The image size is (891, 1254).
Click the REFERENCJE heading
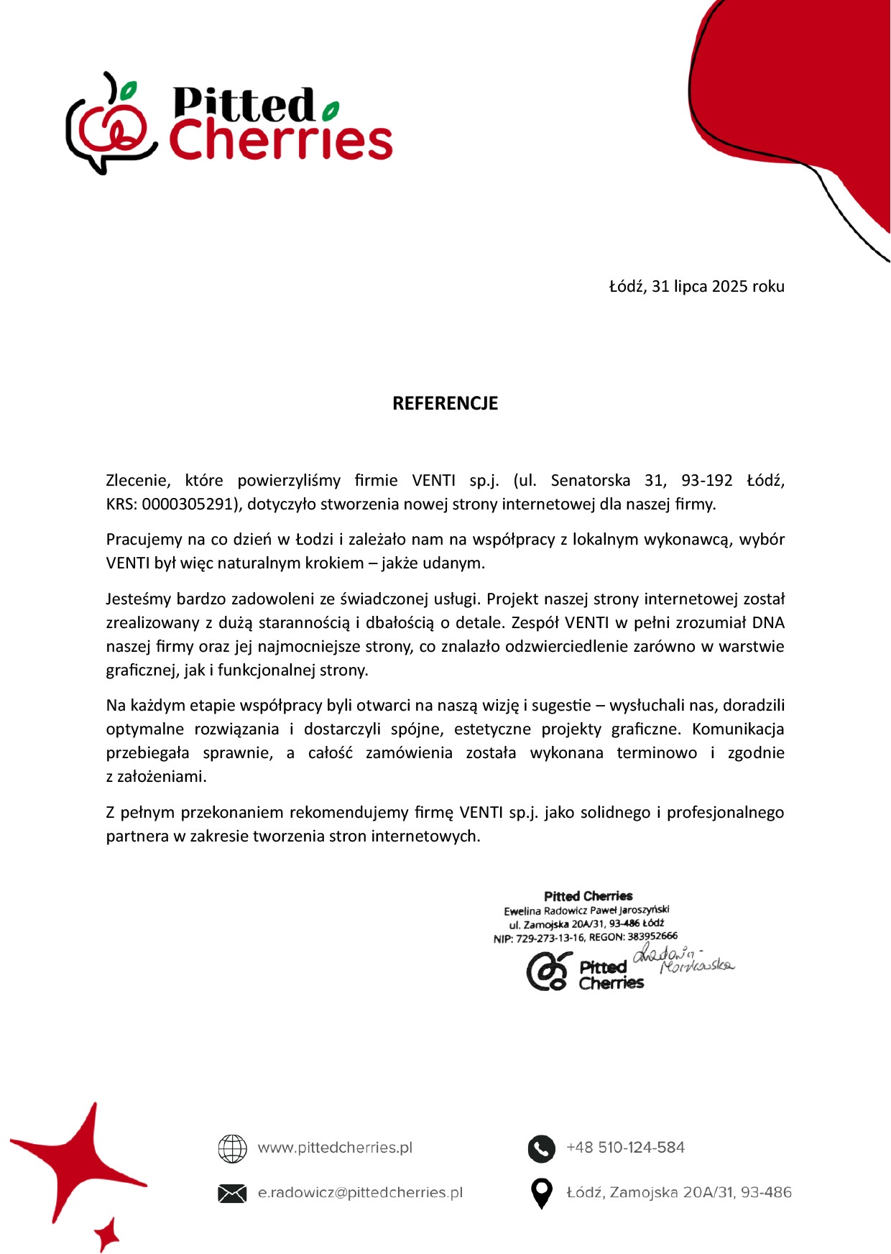pyautogui.click(x=445, y=403)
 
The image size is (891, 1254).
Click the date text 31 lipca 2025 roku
pyautogui.click(x=718, y=286)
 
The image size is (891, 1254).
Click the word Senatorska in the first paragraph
pyautogui.click(x=590, y=480)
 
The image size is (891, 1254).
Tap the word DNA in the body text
pyautogui.click(x=768, y=622)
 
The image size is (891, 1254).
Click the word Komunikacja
pyautogui.click(x=738, y=729)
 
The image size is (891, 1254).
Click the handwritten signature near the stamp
pyautogui.click(x=683, y=960)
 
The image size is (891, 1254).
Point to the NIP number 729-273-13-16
pyautogui.click(x=550, y=937)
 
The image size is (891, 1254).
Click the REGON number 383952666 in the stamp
pyautogui.click(x=652, y=936)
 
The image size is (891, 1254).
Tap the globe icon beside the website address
pyautogui.click(x=232, y=1148)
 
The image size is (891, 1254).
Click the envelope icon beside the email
pyautogui.click(x=232, y=1193)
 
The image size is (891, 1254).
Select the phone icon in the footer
pyautogui.click(x=541, y=1148)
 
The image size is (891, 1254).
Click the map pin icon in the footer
pyautogui.click(x=541, y=1194)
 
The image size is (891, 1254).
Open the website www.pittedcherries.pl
pyautogui.click(x=335, y=1148)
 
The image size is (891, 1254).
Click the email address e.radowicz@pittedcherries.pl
pyautogui.click(x=360, y=1193)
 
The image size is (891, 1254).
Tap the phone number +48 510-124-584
pyautogui.click(x=625, y=1148)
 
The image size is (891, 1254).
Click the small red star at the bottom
pyautogui.click(x=107, y=1234)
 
